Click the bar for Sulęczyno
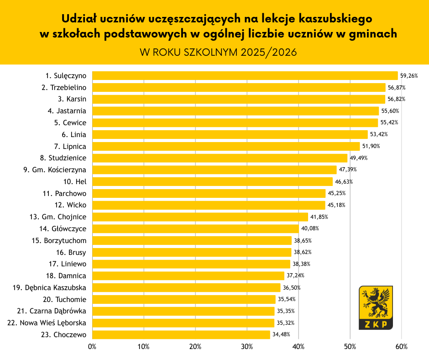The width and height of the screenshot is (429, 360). (x=245, y=75)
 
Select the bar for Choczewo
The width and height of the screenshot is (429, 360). (x=181, y=335)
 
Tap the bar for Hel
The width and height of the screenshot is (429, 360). (x=212, y=181)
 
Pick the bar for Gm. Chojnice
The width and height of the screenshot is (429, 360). (x=200, y=217)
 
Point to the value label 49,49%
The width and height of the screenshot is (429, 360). (x=358, y=158)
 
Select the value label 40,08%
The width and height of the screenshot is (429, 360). (x=309, y=229)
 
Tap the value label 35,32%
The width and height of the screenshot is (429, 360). (x=285, y=323)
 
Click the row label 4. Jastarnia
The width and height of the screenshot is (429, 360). (x=67, y=111)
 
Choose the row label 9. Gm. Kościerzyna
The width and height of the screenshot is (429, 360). (x=55, y=170)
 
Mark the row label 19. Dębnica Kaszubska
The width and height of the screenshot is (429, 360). (x=50, y=288)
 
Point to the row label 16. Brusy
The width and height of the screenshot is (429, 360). (x=71, y=252)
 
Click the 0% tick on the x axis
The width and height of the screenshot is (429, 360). (x=92, y=347)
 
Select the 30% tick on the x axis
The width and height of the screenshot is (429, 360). (x=247, y=347)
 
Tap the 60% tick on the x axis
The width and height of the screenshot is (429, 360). (x=402, y=347)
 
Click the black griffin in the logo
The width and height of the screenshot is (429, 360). (x=376, y=302)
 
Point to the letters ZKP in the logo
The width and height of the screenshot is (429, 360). (x=376, y=324)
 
